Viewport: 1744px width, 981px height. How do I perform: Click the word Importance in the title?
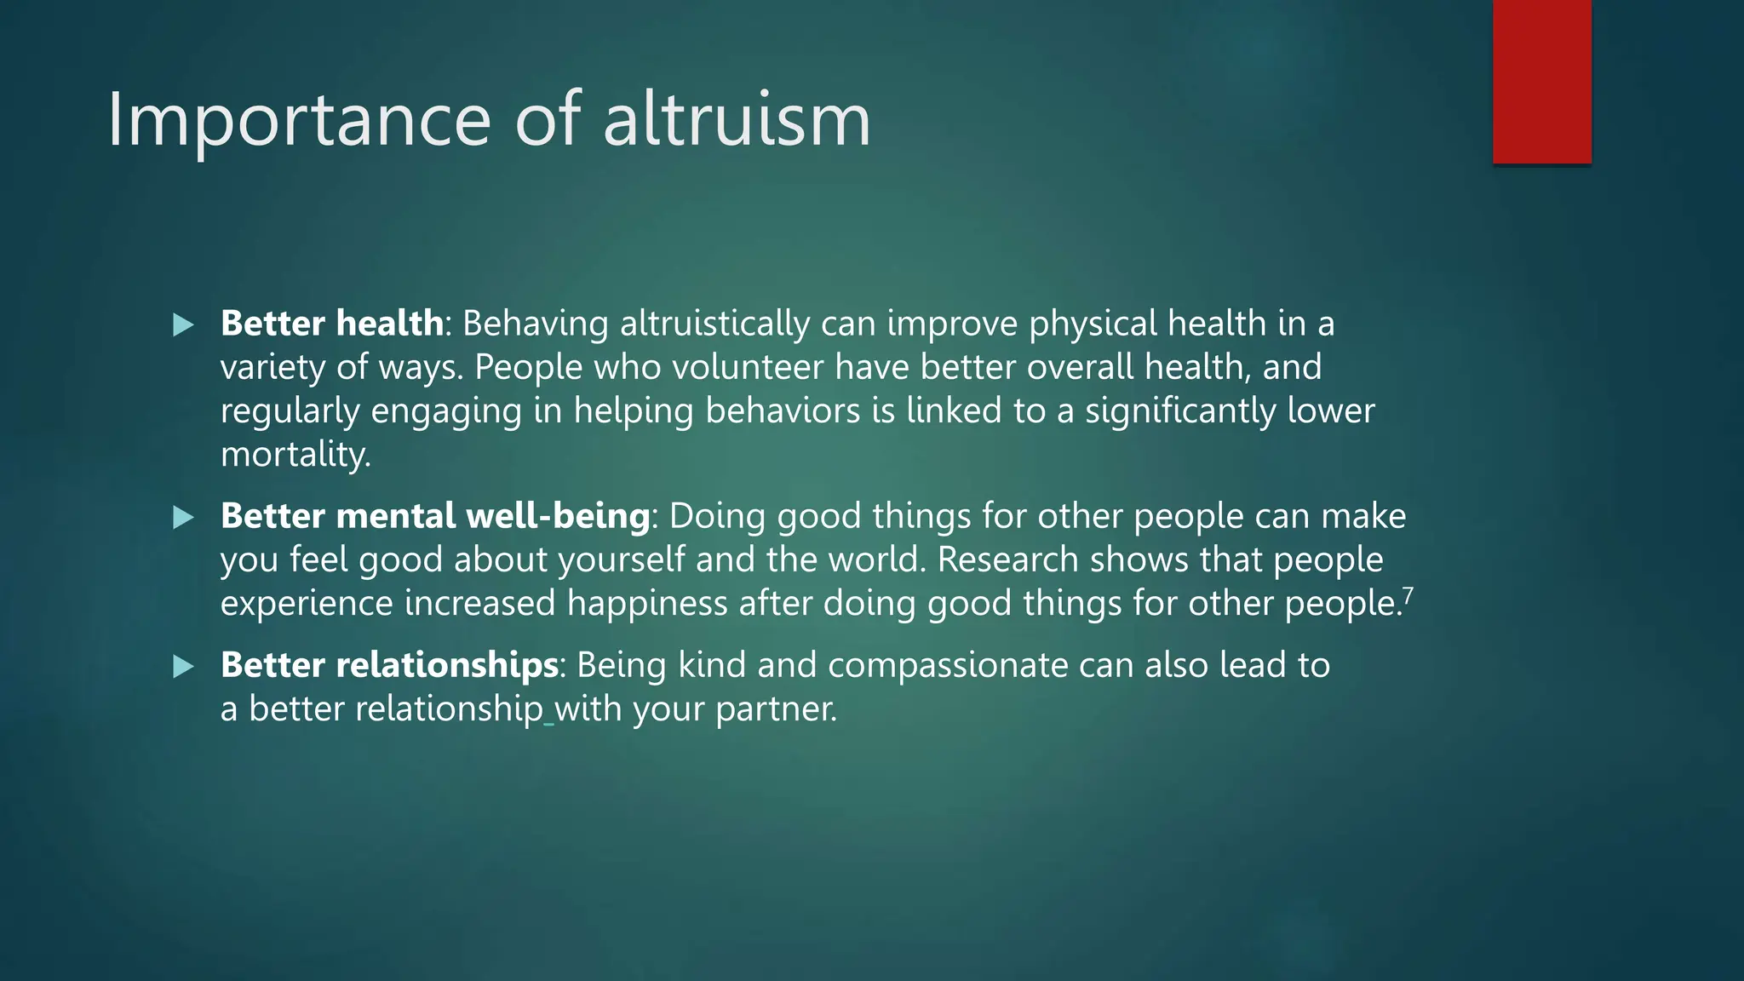299,121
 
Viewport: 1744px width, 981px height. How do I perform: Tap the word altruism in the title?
737,119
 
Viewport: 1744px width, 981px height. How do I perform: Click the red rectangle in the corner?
1541,82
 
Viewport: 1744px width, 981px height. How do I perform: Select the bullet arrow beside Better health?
183,324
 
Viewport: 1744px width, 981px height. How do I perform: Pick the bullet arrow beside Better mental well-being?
183,517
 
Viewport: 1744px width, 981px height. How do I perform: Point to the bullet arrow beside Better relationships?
183,666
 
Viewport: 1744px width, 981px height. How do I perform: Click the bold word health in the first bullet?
389,324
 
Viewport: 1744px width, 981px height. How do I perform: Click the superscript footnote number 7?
1408,595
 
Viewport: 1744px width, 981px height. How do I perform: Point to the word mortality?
295,455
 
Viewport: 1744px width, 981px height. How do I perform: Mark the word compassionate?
947,665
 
